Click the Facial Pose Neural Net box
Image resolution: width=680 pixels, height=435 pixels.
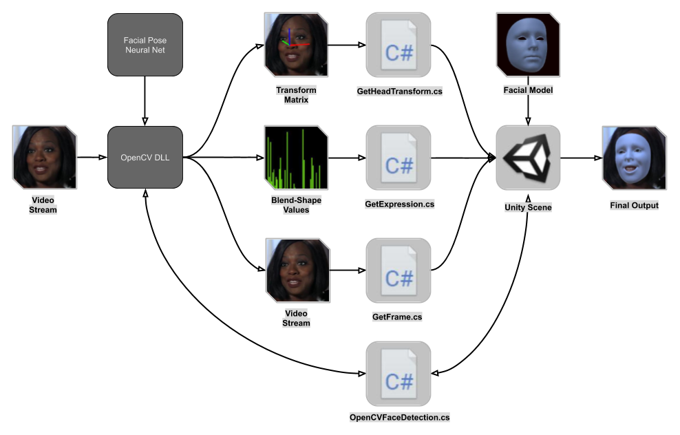coord(145,45)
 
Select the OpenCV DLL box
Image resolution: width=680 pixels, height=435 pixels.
coord(145,158)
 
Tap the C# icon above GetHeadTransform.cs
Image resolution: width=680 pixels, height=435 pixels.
coord(399,45)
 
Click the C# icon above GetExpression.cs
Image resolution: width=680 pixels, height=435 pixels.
coord(399,158)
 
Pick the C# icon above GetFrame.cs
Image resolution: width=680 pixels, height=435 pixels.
coord(399,270)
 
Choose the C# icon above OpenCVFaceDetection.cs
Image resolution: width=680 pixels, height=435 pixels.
coord(399,374)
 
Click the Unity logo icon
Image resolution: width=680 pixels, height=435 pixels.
coord(528,158)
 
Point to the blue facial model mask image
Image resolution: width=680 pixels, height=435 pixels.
coord(528,44)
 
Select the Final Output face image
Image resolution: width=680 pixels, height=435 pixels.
coord(634,158)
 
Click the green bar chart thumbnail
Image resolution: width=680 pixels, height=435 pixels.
coord(297,158)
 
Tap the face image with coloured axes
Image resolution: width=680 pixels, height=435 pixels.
coord(297,45)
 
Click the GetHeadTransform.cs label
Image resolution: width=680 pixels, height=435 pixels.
coord(399,91)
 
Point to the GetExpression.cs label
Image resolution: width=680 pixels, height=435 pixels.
coord(399,204)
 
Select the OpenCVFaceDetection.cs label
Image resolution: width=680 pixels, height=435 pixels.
coord(399,417)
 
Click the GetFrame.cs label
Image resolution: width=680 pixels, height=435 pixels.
coord(397,317)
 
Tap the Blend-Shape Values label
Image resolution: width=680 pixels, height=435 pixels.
coord(297,205)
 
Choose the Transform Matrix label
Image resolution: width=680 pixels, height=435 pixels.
coord(297,95)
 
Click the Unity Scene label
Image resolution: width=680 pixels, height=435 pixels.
coord(528,207)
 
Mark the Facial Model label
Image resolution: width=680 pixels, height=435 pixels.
coord(528,90)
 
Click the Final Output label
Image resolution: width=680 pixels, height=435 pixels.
coord(634,205)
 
